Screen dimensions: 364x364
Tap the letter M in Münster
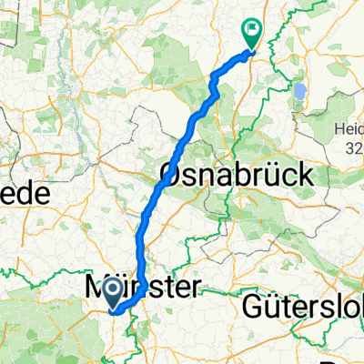click(98, 288)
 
